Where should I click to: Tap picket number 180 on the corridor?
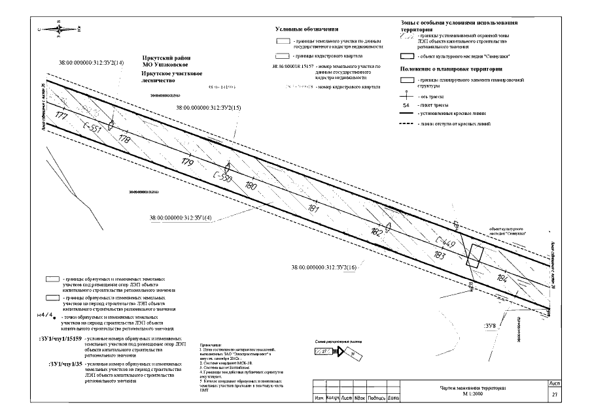(x=251, y=185)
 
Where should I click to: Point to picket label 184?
(x=502, y=279)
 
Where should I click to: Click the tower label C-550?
(x=222, y=176)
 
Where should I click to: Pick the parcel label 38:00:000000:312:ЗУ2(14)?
(x=92, y=63)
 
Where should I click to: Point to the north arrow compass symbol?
(x=59, y=27)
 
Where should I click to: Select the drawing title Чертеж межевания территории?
(x=473, y=388)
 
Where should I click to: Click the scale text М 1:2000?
(x=473, y=394)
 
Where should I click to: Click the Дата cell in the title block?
(x=394, y=397)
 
